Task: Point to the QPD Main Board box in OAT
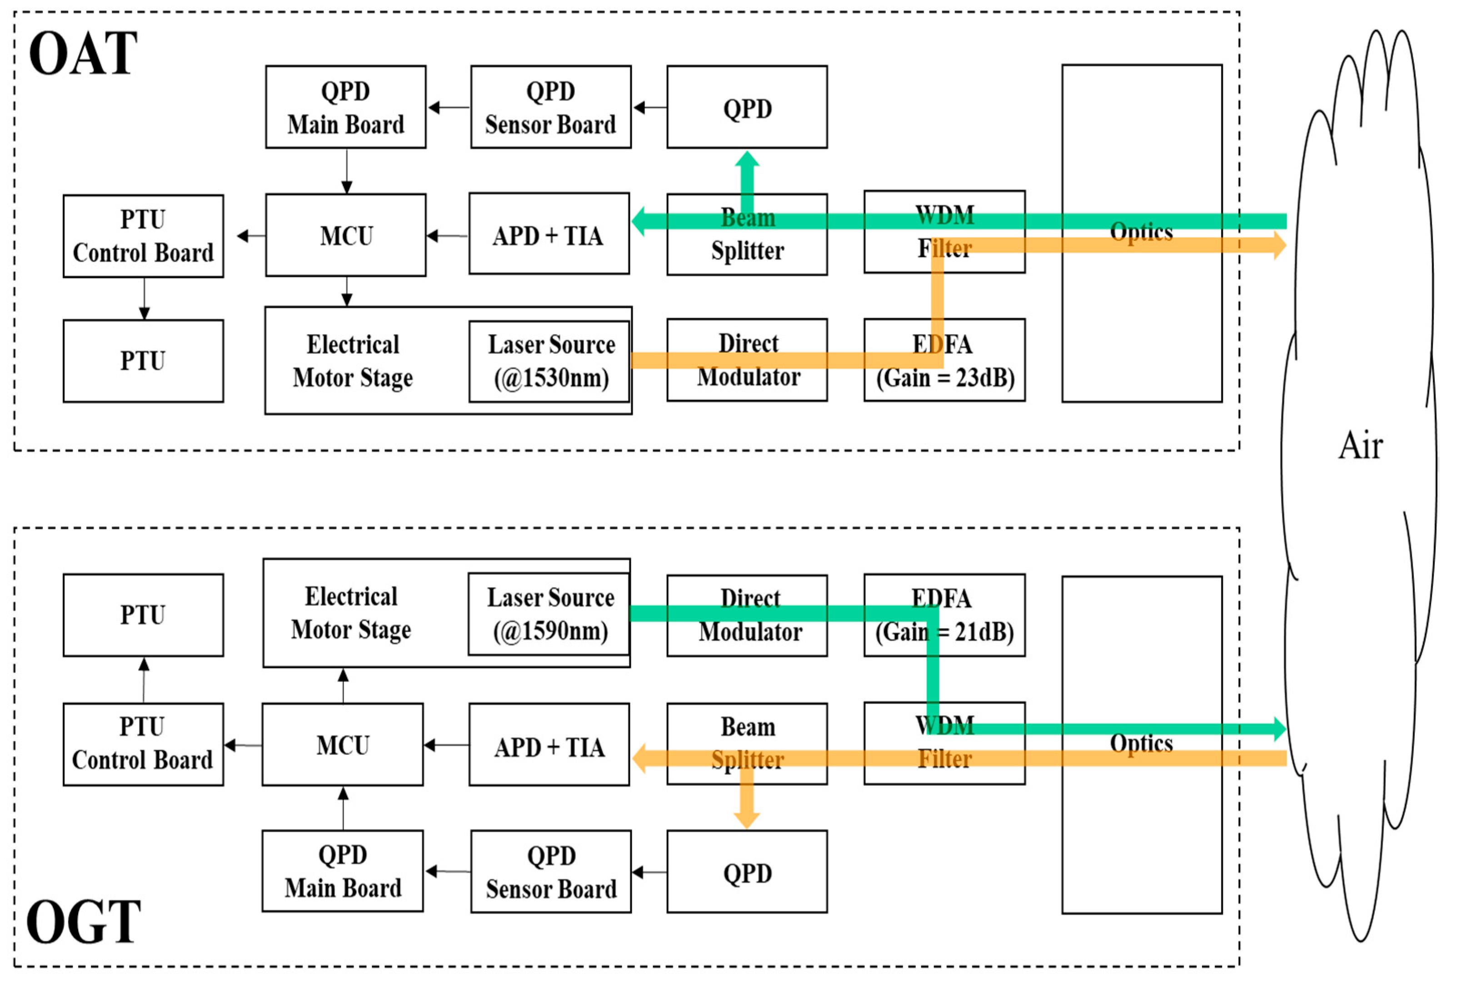click(345, 107)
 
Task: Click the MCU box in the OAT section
click(345, 235)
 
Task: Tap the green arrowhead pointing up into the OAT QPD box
click(747, 159)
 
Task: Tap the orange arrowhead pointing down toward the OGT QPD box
click(747, 819)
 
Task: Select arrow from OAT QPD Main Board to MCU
click(346, 171)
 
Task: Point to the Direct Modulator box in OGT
click(747, 616)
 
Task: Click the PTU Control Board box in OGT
click(143, 744)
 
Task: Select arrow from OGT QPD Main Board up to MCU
click(343, 808)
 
